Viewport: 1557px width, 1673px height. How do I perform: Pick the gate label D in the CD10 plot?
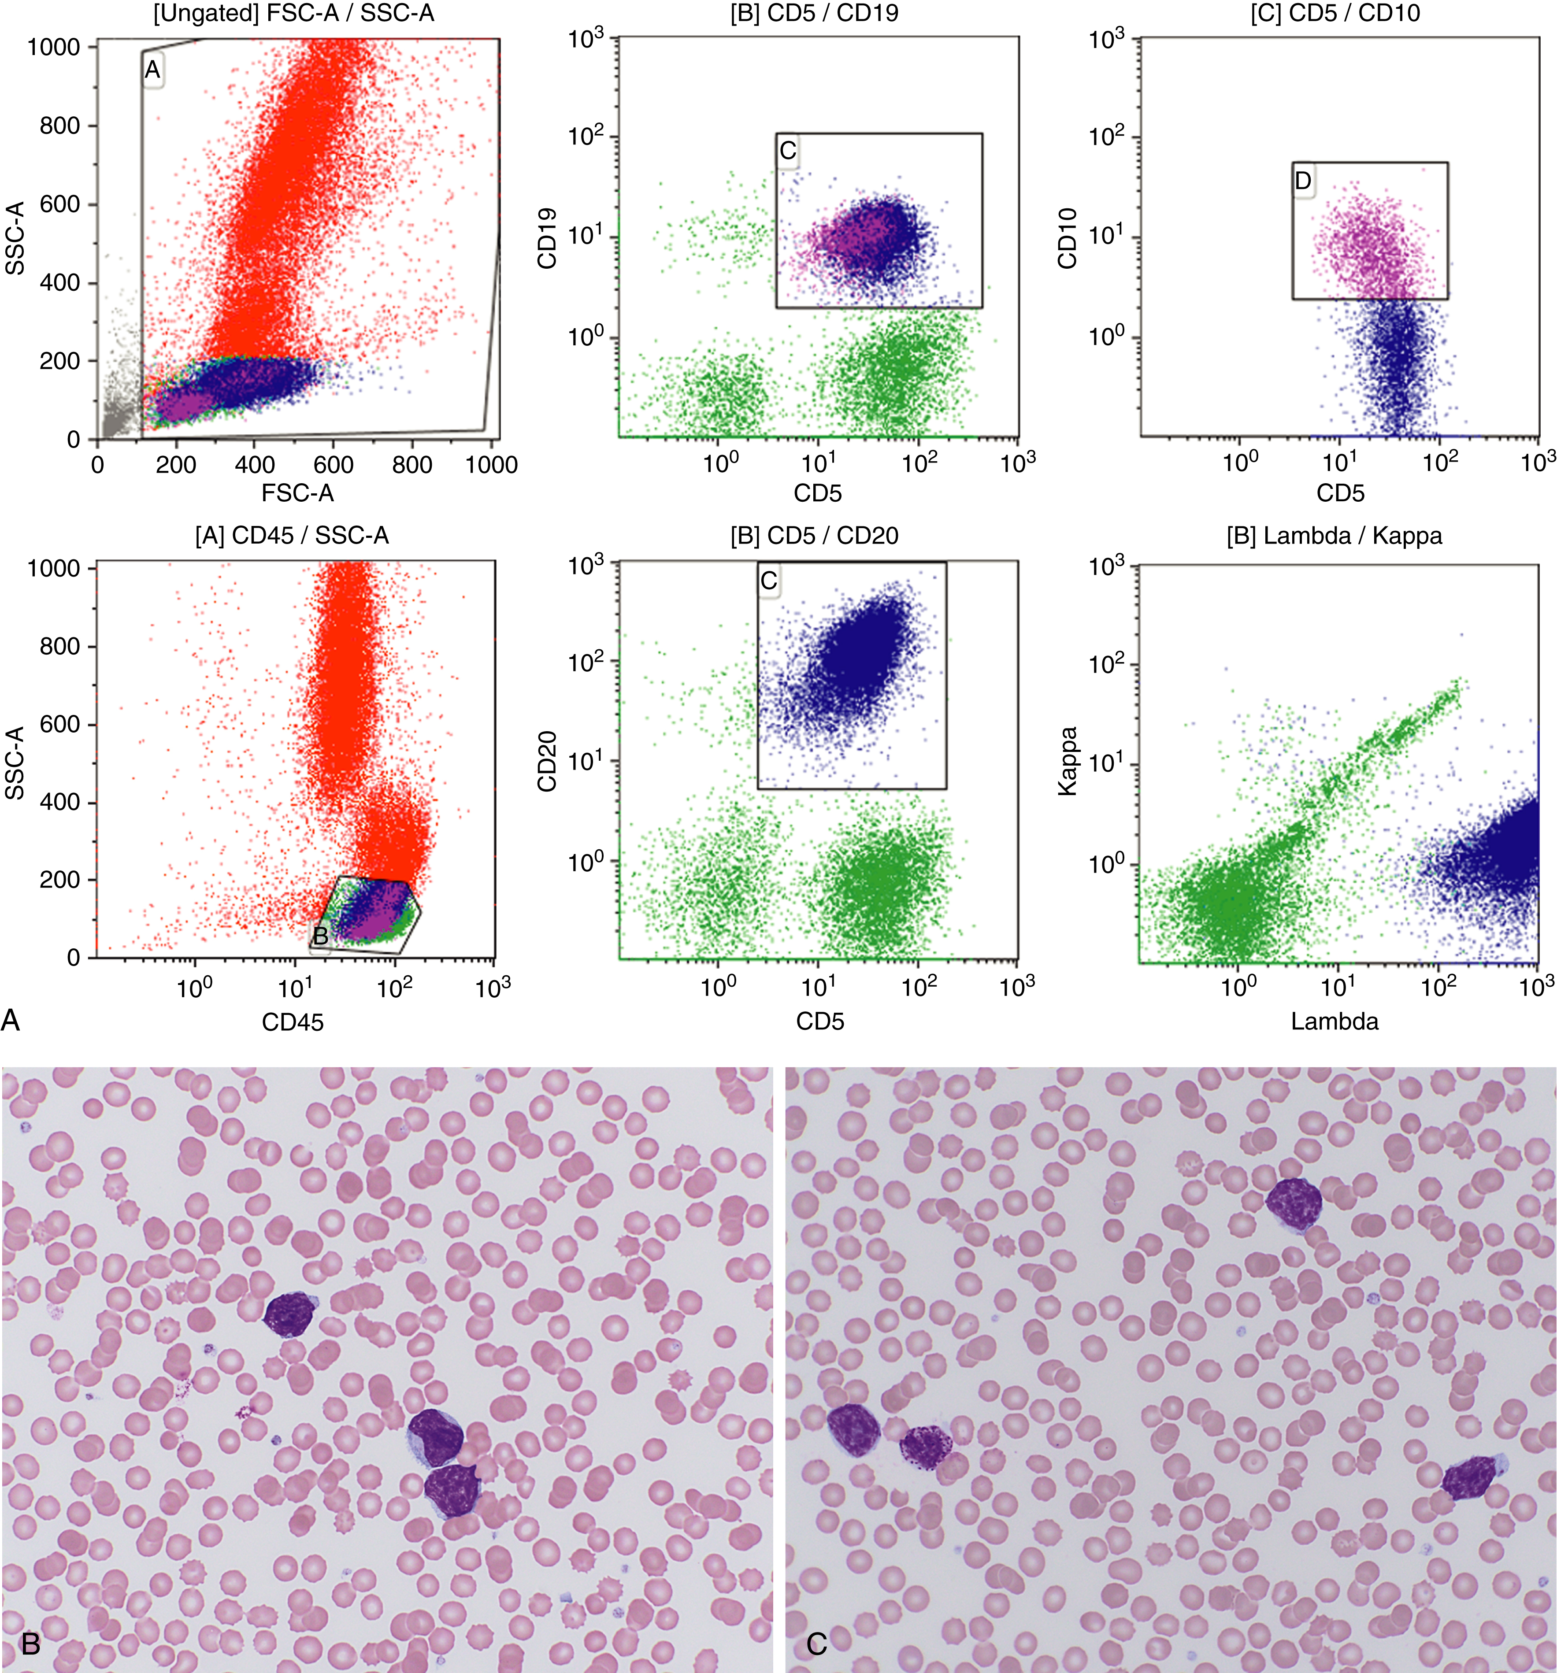coord(1303,181)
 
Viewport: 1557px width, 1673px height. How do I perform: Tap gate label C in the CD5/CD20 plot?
coord(768,581)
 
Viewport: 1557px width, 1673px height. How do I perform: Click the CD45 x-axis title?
coord(292,1022)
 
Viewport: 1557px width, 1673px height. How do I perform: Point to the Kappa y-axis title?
coord(1067,761)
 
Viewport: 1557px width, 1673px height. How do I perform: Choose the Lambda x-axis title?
coord(1335,1022)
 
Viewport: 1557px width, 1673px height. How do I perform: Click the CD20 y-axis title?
coord(547,761)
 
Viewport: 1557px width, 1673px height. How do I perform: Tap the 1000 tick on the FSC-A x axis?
coord(492,465)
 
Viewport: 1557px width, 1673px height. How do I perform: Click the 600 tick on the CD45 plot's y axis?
coord(61,725)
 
